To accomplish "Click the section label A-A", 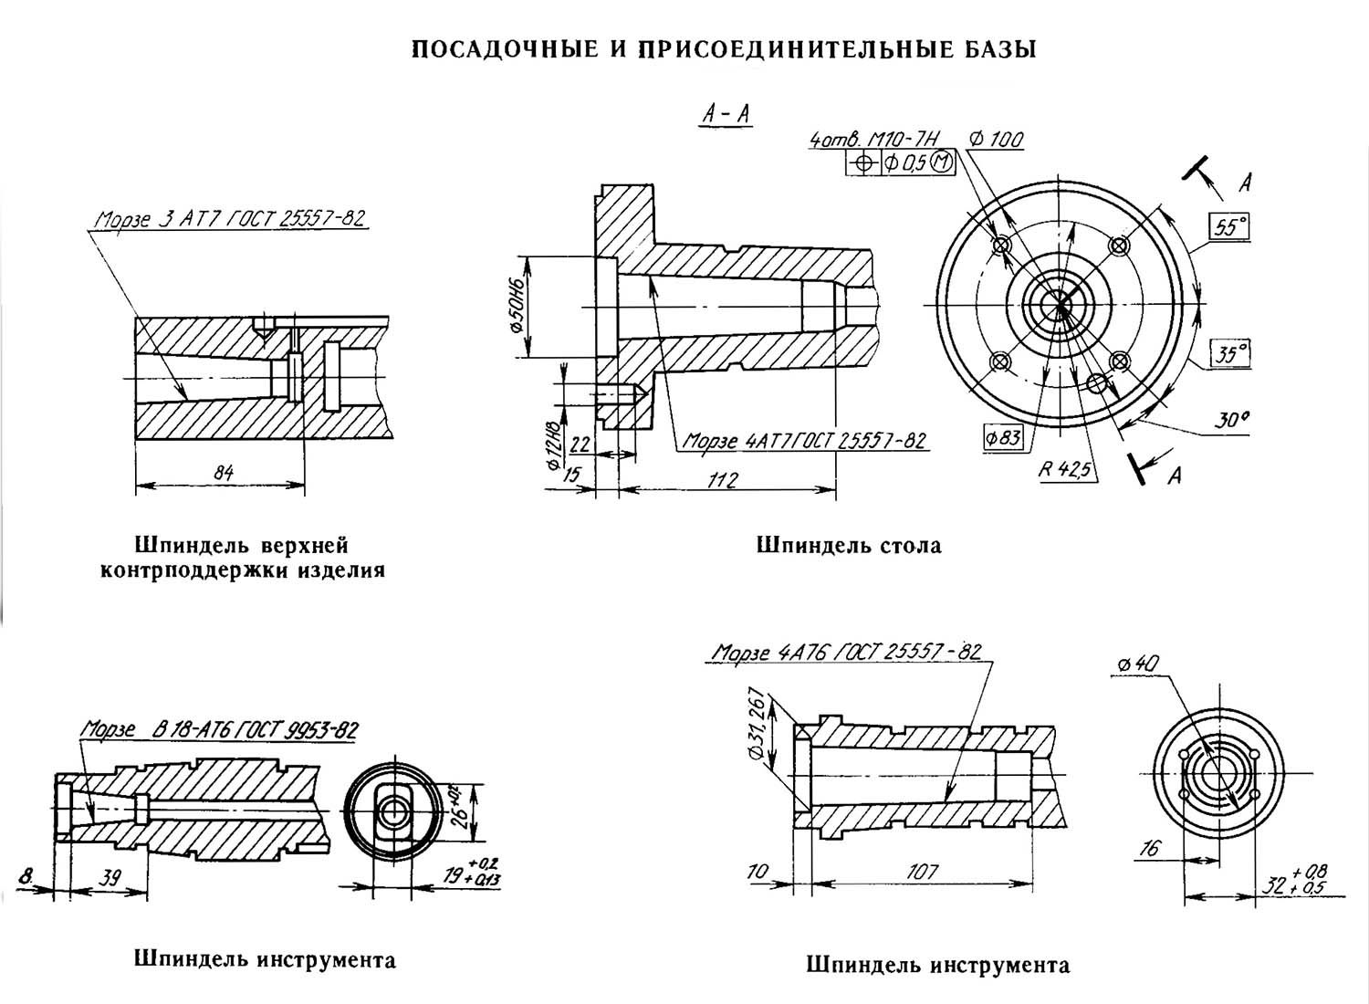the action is pyautogui.click(x=726, y=114).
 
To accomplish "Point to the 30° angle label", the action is pyautogui.click(x=1230, y=421).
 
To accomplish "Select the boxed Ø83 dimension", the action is pyautogui.click(x=1003, y=437).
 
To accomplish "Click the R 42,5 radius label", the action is pyautogui.click(x=1065, y=469).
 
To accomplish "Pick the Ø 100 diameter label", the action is pyautogui.click(x=996, y=140).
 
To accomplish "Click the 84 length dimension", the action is pyautogui.click(x=223, y=473).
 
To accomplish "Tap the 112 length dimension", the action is pyautogui.click(x=723, y=480).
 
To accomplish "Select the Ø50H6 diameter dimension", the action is pyautogui.click(x=517, y=306).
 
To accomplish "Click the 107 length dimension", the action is pyautogui.click(x=922, y=872).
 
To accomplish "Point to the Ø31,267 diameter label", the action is pyautogui.click(x=756, y=726).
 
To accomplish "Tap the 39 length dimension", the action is pyautogui.click(x=110, y=878).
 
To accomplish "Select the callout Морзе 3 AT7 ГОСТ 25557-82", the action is pyautogui.click(x=230, y=219).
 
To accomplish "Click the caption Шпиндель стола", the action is pyautogui.click(x=849, y=545).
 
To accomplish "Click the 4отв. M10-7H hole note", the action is pyautogui.click(x=873, y=140).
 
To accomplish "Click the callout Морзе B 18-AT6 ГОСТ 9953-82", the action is pyautogui.click(x=219, y=730).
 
